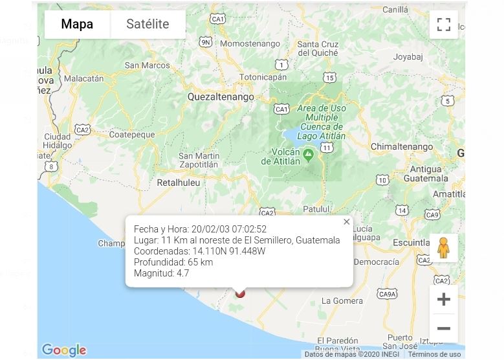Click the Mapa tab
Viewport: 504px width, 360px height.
click(77, 25)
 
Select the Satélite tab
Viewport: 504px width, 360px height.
click(148, 25)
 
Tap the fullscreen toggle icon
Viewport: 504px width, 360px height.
click(443, 25)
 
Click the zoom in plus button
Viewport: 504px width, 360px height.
click(443, 299)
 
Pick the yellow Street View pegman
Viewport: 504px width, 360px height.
click(443, 248)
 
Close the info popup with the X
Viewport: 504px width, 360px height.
click(347, 221)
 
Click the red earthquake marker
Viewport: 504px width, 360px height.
click(240, 293)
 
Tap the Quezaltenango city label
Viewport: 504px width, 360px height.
click(221, 96)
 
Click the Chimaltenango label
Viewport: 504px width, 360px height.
click(402, 147)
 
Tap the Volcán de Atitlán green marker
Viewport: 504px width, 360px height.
click(309, 154)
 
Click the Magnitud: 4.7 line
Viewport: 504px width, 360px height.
click(162, 273)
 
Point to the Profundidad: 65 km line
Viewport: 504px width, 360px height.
click(173, 262)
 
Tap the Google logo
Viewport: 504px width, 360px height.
click(64, 350)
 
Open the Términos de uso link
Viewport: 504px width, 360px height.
click(434, 354)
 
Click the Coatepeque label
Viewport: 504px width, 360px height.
click(132, 135)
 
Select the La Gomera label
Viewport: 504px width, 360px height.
click(342, 300)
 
